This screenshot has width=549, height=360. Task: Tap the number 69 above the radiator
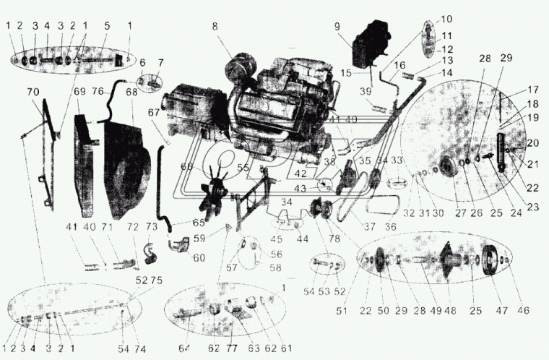(x=79, y=93)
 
